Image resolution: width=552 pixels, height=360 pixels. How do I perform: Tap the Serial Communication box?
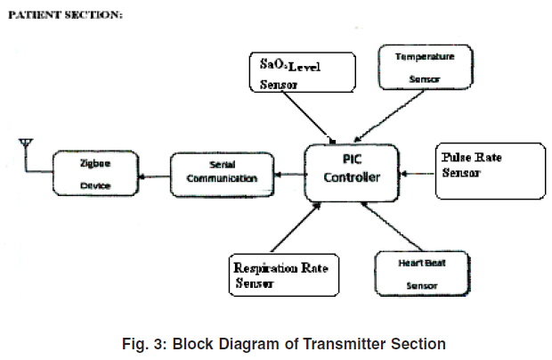tap(221, 173)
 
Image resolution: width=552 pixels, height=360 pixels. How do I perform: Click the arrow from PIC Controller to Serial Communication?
tap(288, 176)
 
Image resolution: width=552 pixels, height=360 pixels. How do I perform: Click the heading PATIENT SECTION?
tap(66, 16)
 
